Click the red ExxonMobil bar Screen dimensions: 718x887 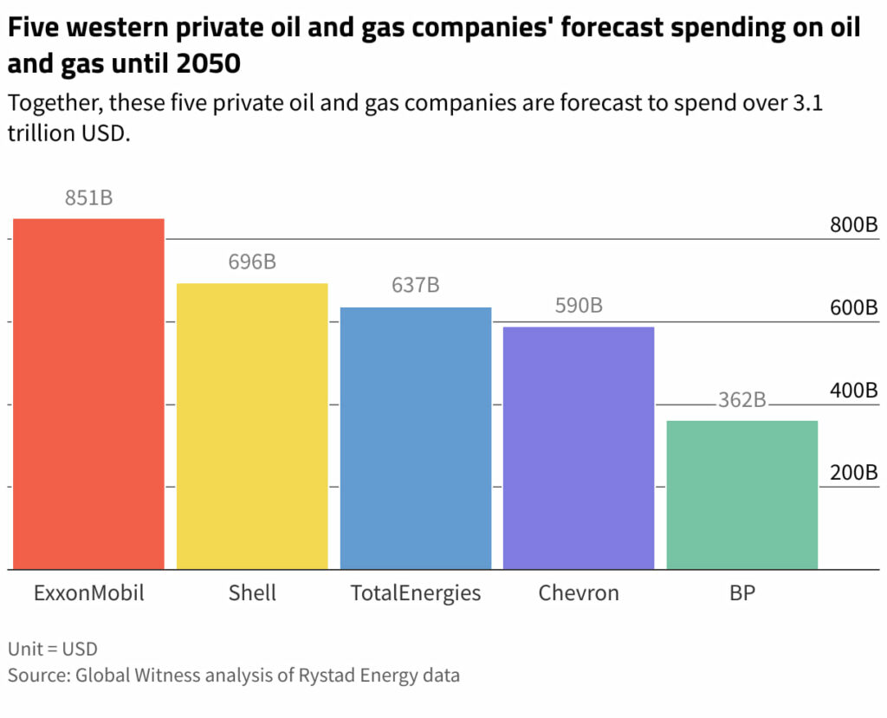click(x=88, y=394)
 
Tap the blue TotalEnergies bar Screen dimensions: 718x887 click(x=416, y=438)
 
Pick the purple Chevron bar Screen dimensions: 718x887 click(x=579, y=448)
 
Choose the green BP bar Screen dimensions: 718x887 click(x=742, y=495)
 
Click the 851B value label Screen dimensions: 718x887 click(x=88, y=198)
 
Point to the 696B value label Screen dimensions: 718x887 click(x=252, y=262)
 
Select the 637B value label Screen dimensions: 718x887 click(x=416, y=285)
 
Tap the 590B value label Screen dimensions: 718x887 click(x=579, y=306)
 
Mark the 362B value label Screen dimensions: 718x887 click(x=742, y=400)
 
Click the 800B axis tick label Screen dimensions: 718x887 click(x=853, y=225)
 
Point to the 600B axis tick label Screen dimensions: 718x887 click(x=853, y=307)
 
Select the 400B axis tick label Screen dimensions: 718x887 click(x=853, y=391)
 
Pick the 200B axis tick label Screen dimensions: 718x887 click(x=853, y=473)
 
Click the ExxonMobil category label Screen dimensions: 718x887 click(x=88, y=593)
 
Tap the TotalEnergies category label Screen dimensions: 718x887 click(x=416, y=593)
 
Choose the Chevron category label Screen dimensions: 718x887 click(x=579, y=593)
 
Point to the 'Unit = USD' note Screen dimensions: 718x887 click(x=53, y=649)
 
